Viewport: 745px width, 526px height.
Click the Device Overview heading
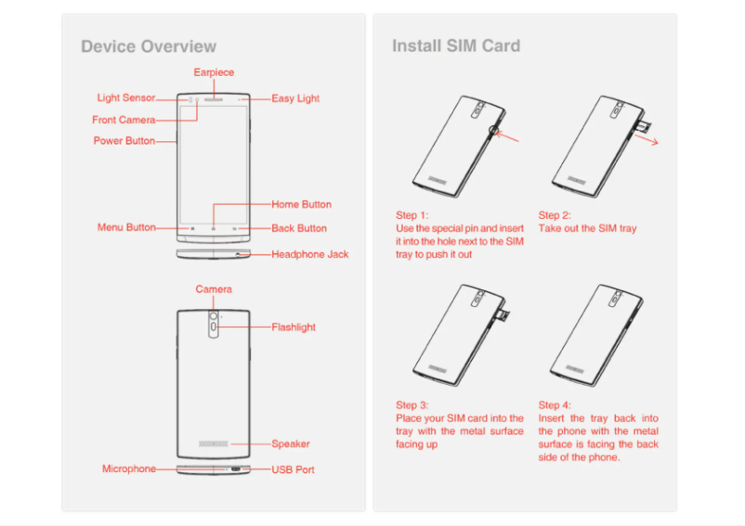(149, 46)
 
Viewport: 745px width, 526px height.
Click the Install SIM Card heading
(455, 45)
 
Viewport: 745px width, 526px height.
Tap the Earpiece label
(214, 72)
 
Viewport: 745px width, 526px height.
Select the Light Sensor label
(125, 98)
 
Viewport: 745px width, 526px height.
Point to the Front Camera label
(124, 120)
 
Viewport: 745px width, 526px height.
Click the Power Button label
(124, 141)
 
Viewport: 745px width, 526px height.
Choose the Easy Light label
(295, 98)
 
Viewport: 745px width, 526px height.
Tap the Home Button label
(301, 204)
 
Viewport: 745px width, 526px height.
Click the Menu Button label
(126, 228)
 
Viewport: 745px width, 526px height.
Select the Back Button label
(299, 228)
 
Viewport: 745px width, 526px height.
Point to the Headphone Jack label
(310, 254)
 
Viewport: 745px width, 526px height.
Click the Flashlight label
(294, 327)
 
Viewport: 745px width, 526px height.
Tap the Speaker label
(291, 443)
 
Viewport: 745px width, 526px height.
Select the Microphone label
(129, 469)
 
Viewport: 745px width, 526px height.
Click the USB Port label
(293, 469)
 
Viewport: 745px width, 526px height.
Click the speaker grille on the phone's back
(214, 443)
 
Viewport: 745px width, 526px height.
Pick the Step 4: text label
(555, 405)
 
